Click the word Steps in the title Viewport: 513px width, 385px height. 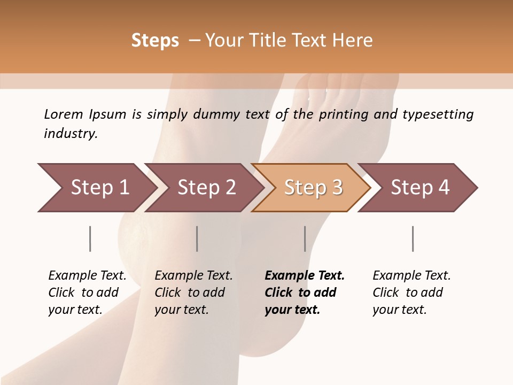[155, 41]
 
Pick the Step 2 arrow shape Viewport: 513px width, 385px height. [206, 188]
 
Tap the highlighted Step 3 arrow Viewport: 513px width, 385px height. [312, 188]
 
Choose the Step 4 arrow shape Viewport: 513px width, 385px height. [419, 188]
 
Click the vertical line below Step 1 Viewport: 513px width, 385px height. [90, 238]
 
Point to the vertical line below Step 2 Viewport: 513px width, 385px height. [197, 238]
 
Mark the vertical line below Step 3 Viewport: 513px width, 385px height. [305, 238]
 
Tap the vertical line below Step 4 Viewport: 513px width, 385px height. [413, 238]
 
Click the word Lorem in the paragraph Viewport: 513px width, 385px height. [63, 114]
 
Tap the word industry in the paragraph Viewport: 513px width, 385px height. [71, 134]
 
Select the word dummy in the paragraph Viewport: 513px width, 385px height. [224, 115]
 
